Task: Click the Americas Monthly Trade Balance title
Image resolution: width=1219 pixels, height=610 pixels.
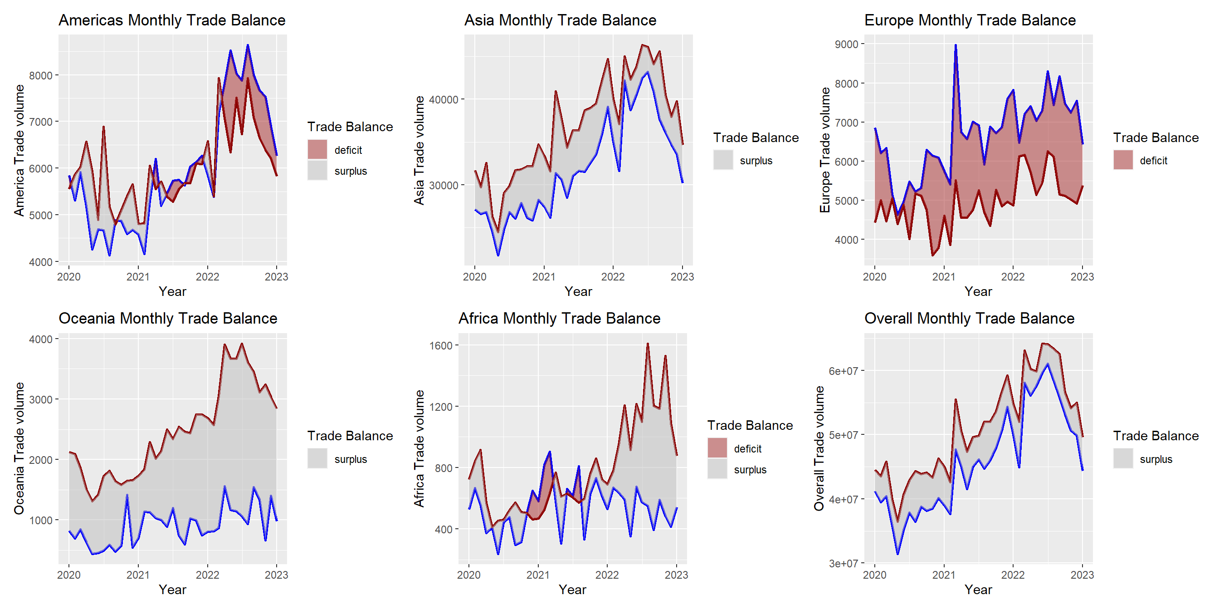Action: click(172, 20)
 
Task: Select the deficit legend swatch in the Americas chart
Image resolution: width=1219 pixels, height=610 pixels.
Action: click(317, 150)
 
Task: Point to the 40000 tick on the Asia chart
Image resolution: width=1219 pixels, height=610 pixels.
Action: click(444, 99)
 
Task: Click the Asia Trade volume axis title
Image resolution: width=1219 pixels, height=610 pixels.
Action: click(419, 150)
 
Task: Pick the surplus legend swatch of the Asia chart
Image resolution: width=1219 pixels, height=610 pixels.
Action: click(723, 160)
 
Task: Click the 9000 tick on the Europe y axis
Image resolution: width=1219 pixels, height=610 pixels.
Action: click(846, 44)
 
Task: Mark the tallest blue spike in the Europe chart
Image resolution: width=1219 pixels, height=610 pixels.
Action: click(956, 46)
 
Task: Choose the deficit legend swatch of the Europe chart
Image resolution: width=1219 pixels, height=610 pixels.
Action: click(1123, 160)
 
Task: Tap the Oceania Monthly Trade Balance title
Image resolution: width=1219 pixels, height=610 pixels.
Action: click(167, 318)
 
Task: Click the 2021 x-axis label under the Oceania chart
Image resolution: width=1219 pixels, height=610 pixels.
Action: click(138, 575)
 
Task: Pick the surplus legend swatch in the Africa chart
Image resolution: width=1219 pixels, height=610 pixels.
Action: click(717, 469)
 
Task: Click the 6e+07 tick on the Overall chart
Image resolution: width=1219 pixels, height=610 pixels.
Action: click(843, 371)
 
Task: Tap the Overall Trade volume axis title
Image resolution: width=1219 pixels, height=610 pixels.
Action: click(819, 448)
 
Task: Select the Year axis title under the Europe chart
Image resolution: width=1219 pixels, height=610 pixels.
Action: click(978, 291)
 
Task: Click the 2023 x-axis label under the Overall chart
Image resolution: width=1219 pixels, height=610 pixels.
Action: click(1082, 575)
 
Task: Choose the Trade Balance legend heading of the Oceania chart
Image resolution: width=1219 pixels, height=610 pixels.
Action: click(350, 436)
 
